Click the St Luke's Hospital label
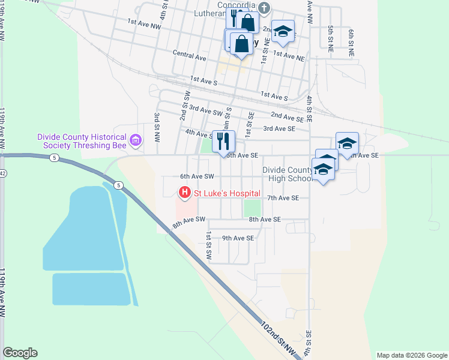click(226, 193)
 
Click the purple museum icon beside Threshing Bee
click(136, 141)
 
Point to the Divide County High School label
click(289, 174)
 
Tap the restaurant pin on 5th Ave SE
click(223, 142)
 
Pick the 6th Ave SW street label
click(197, 176)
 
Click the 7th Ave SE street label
click(283, 197)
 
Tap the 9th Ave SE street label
click(238, 238)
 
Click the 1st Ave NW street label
click(144, 24)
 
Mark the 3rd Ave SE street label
click(279, 128)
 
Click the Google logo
click(20, 353)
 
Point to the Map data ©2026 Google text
click(412, 355)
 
